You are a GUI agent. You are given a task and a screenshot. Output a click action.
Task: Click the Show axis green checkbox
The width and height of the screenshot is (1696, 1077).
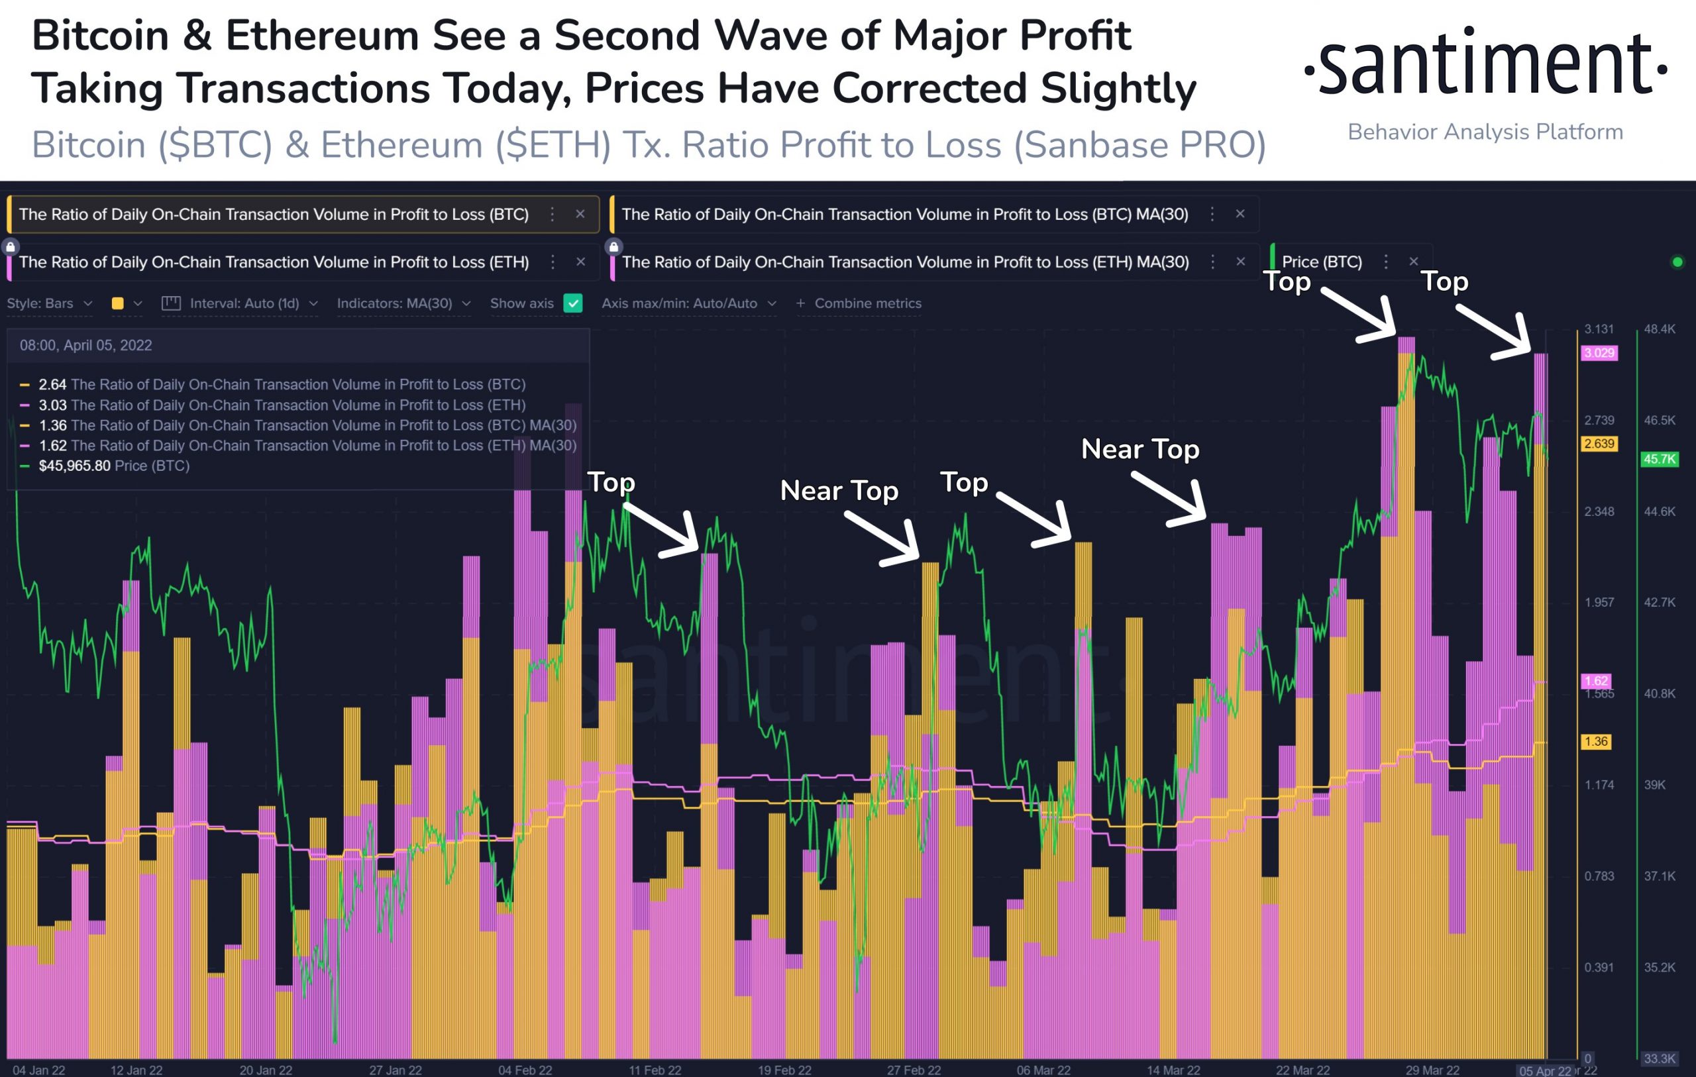(x=573, y=303)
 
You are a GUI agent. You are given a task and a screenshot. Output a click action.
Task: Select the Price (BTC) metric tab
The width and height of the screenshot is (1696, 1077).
(x=1321, y=262)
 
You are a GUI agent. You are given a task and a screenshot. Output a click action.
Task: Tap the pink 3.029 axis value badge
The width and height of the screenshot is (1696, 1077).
(x=1599, y=353)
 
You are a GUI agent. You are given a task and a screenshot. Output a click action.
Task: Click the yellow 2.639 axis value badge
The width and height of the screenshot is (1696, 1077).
(x=1599, y=444)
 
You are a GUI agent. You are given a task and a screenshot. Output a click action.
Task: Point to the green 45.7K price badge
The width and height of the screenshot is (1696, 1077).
(x=1659, y=459)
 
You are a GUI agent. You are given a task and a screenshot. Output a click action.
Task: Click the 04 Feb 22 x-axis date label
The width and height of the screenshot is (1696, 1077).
(x=525, y=1070)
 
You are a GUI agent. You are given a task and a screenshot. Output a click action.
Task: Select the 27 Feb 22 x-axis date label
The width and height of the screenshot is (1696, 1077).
(x=914, y=1070)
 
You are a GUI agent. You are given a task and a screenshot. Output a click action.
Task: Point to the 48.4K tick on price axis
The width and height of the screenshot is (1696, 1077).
(x=1660, y=329)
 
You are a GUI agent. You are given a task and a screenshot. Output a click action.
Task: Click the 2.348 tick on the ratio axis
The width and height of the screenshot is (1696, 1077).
(x=1599, y=511)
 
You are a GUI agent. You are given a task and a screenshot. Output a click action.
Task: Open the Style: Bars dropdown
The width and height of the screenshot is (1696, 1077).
(x=49, y=303)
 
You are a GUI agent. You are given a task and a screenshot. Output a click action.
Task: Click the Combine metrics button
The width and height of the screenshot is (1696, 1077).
(x=859, y=303)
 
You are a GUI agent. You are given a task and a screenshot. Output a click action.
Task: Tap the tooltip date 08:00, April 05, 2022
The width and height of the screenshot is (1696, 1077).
(x=86, y=345)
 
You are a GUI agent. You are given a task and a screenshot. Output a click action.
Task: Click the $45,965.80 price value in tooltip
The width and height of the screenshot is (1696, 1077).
(x=75, y=466)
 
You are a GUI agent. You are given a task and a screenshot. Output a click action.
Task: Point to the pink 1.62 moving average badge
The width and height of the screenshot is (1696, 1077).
(x=1596, y=681)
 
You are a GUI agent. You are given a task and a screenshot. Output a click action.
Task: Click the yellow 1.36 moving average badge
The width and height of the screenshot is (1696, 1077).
(x=1596, y=742)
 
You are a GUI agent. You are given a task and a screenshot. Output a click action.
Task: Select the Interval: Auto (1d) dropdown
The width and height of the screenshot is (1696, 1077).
(x=239, y=303)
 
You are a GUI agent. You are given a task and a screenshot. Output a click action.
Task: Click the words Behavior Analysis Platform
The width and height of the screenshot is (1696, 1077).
(x=1485, y=132)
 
